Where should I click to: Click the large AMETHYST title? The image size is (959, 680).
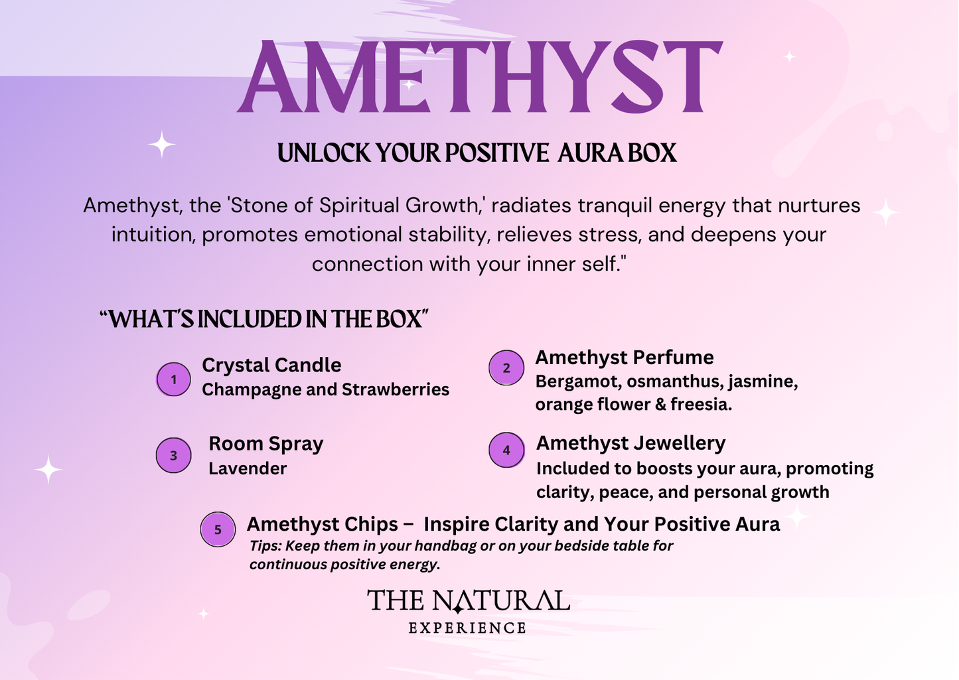[x=480, y=76]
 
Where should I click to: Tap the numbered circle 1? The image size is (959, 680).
[x=173, y=379]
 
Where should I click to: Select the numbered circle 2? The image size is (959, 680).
[x=506, y=368]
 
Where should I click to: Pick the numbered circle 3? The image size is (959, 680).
[x=173, y=455]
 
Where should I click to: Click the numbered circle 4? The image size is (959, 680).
[x=506, y=450]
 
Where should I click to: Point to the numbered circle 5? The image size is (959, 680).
[x=218, y=529]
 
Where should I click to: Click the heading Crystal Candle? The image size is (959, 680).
[x=271, y=365]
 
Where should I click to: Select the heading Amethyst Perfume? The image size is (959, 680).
[x=625, y=358]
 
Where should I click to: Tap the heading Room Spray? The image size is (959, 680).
[x=266, y=444]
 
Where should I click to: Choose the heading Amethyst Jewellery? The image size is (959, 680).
[x=630, y=443]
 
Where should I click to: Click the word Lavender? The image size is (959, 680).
[x=248, y=468]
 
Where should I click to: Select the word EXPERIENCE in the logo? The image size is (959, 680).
[x=467, y=628]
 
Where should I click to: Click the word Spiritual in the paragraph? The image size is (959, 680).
[x=359, y=206]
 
